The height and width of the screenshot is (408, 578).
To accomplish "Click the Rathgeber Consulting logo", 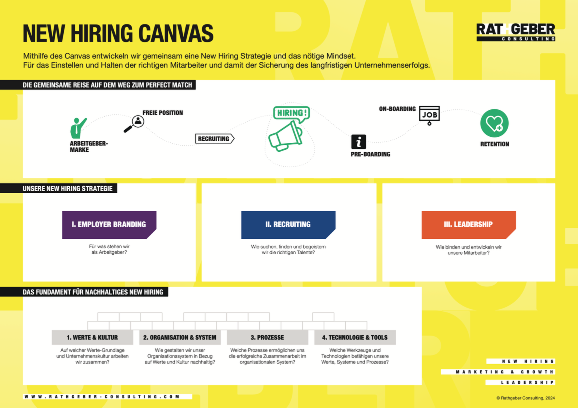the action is [516, 32].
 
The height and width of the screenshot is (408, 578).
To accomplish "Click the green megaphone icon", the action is [286, 136].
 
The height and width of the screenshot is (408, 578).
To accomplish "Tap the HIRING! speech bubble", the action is [291, 113].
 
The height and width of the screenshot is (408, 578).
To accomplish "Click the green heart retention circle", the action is [494, 123].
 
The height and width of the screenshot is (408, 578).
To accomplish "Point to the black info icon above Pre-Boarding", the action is [359, 142].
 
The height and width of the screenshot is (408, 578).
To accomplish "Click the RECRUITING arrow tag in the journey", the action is [215, 139].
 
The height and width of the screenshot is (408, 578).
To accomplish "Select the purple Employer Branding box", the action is [109, 225].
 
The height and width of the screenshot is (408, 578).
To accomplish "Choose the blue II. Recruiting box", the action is [288, 225].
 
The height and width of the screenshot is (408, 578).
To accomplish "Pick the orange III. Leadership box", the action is [469, 225].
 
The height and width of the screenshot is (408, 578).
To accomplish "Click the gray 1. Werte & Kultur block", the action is [92, 337].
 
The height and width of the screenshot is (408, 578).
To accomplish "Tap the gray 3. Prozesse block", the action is [267, 337].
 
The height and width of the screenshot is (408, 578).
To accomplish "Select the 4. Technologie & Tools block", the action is [355, 337].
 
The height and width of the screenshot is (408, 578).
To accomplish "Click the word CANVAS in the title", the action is [176, 34].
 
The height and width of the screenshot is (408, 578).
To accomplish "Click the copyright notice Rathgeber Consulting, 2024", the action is [526, 398].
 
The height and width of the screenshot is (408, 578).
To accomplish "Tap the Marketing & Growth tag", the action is [498, 372].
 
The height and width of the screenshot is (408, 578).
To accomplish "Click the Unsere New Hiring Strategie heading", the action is [68, 189].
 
